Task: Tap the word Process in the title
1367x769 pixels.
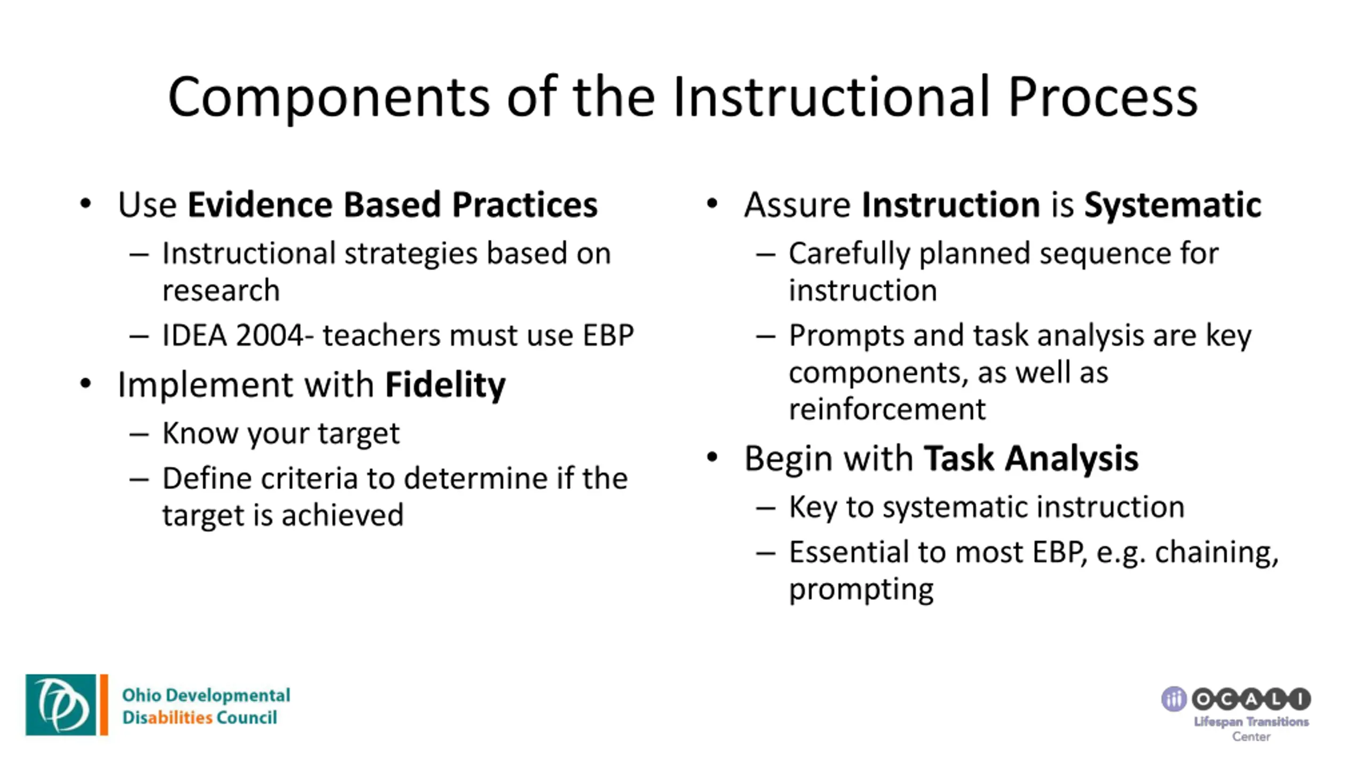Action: [x=1103, y=97]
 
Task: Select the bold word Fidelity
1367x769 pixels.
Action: [x=445, y=385]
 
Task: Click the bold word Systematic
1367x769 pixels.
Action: [x=1173, y=205]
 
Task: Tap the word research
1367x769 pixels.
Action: [x=221, y=291]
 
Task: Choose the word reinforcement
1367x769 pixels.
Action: [x=887, y=410]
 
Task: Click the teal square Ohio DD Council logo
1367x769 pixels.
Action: [x=61, y=704]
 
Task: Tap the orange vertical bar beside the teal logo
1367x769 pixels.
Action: [x=104, y=704]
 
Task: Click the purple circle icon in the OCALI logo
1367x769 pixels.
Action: [x=1174, y=699]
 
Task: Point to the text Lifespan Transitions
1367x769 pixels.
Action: [x=1251, y=722]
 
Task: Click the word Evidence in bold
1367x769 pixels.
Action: [x=260, y=205]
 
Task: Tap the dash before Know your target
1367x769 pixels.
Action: [x=139, y=434]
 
